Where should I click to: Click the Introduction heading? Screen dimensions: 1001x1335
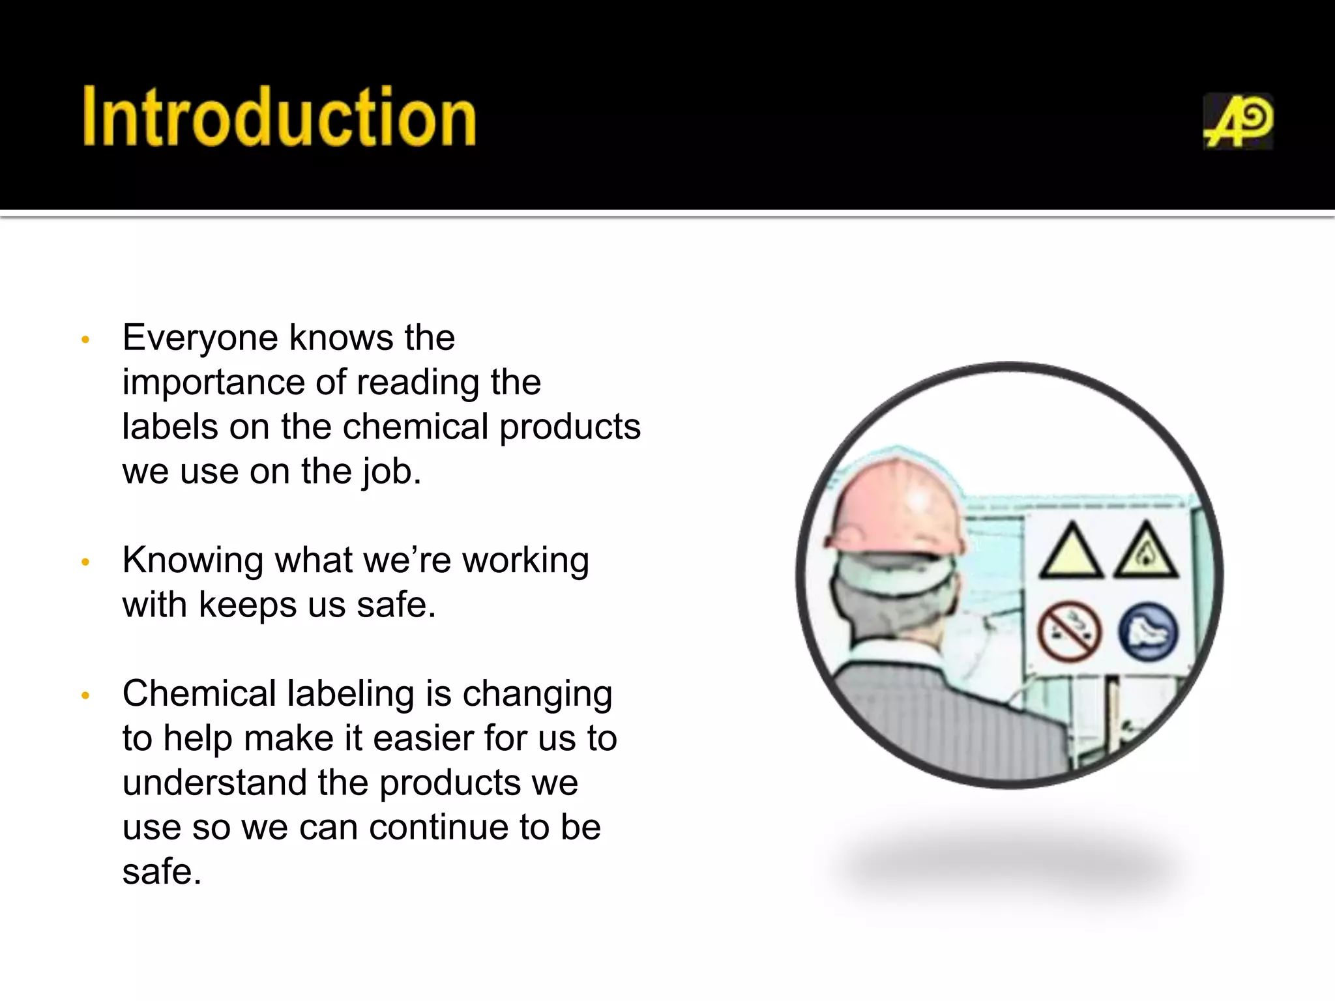279,117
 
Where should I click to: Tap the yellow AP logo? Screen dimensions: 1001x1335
1237,122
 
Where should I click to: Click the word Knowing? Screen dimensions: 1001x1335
192,560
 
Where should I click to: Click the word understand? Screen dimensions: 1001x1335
214,783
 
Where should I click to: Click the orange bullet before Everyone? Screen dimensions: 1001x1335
85,340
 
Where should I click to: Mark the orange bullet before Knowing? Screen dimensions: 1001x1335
85,562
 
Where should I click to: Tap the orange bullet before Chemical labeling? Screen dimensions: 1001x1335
85,695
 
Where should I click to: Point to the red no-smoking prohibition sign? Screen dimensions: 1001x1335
1069,631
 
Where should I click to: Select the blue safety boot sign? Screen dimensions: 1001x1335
1149,631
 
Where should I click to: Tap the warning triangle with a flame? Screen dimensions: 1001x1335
1146,553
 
